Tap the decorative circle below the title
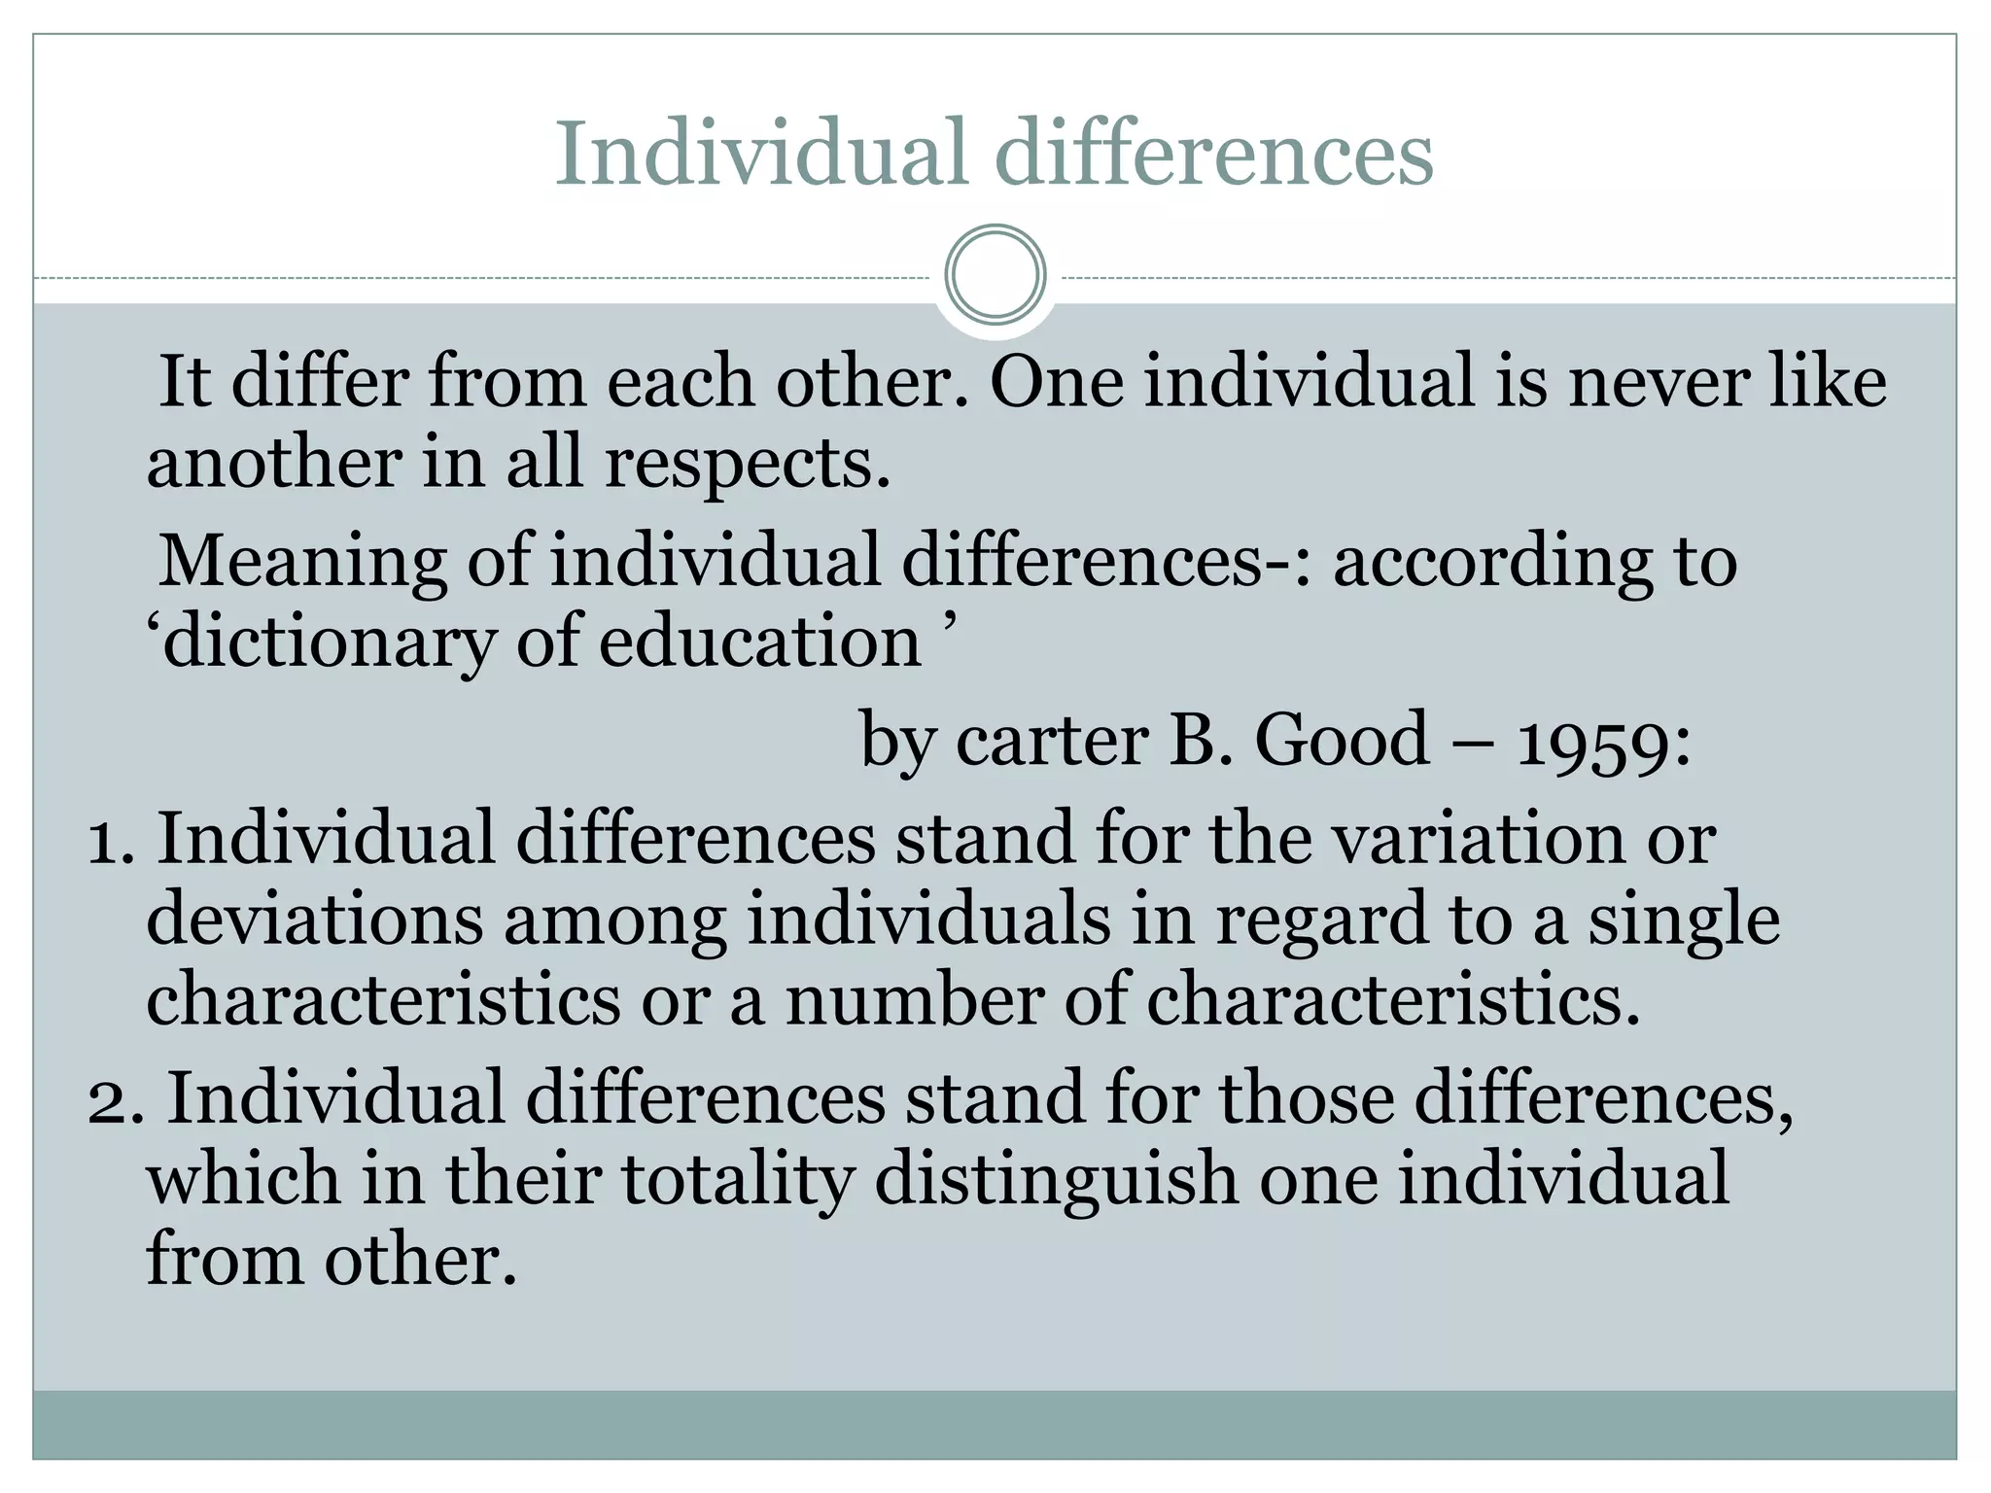(x=995, y=275)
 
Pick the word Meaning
(x=302, y=563)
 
